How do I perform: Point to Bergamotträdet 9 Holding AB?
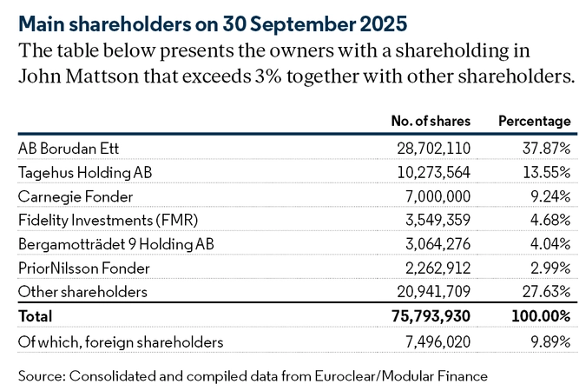point(111,244)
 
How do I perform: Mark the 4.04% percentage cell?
point(550,244)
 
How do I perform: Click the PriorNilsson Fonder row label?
point(84,268)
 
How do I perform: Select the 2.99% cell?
point(550,268)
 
